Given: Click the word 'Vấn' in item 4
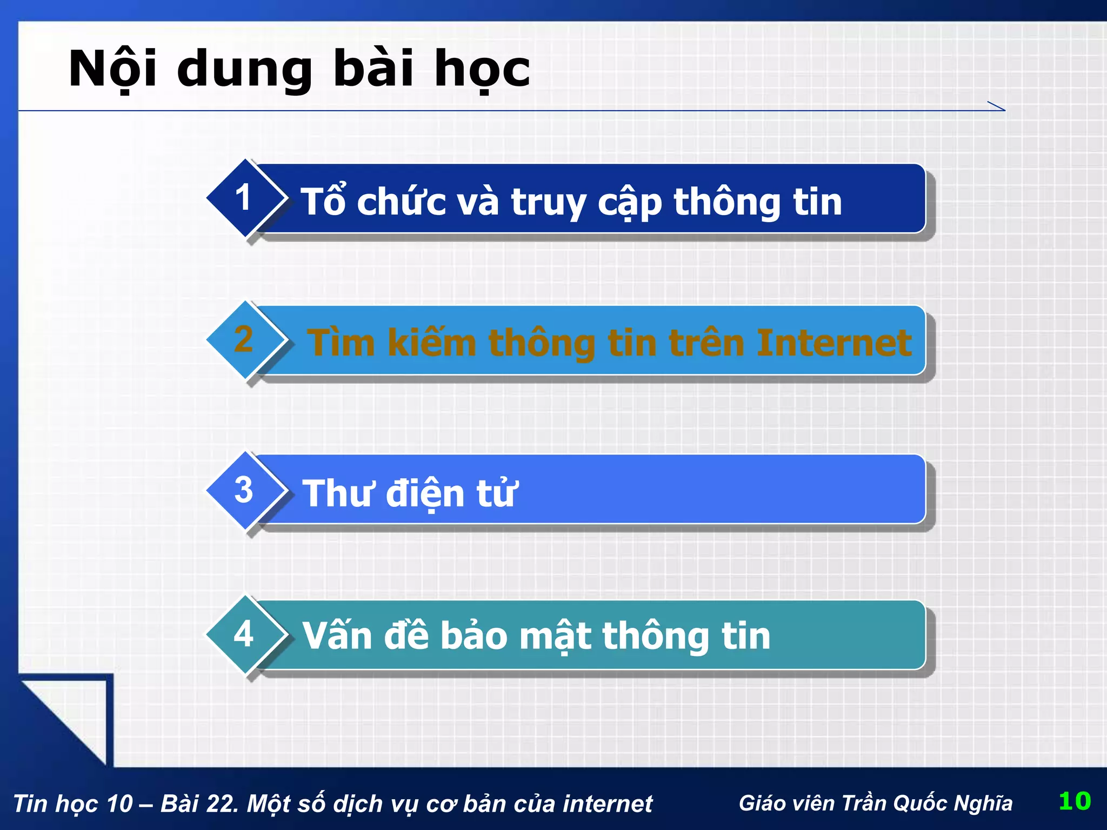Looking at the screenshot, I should (337, 635).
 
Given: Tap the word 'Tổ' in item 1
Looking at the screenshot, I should (323, 202).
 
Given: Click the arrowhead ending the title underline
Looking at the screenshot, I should (998, 106).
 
